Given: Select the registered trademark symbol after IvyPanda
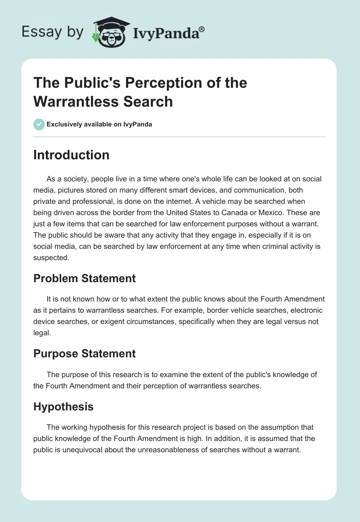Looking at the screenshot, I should coord(202,29).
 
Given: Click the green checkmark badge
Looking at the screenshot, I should coord(39,124).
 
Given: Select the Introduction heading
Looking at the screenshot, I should coord(72,155).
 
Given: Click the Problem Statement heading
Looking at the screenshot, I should coord(85,279).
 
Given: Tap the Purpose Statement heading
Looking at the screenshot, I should coord(85,354).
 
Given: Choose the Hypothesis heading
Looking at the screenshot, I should coord(63,407).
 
